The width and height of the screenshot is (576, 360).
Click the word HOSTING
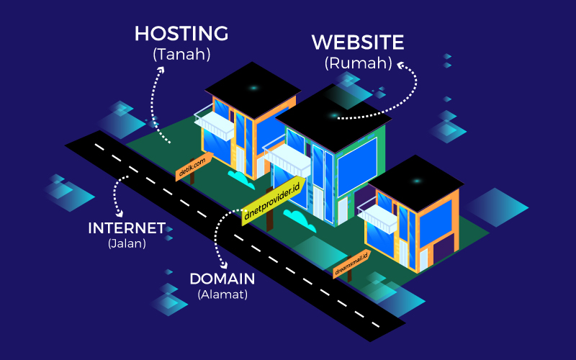(x=181, y=33)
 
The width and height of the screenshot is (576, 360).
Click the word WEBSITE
(x=358, y=42)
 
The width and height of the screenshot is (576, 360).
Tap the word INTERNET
(x=127, y=228)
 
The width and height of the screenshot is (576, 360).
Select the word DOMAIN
(x=223, y=279)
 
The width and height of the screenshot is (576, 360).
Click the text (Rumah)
(x=358, y=63)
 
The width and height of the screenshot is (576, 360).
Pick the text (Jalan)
(x=127, y=243)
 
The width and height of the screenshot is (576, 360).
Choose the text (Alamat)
(x=223, y=294)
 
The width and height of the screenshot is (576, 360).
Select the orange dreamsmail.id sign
(x=351, y=264)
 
